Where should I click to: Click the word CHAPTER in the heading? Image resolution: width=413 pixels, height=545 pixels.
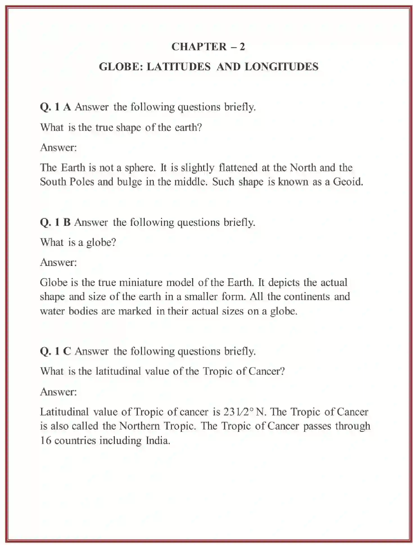199,47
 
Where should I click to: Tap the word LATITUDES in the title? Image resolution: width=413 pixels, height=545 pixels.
179,67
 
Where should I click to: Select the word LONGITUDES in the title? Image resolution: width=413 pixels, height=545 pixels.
281,67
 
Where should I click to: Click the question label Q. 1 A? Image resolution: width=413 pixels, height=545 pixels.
55,107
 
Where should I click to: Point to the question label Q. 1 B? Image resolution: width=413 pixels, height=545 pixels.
55,223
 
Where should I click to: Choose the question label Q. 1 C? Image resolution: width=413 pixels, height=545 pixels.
55,351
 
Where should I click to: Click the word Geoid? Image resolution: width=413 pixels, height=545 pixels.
348,182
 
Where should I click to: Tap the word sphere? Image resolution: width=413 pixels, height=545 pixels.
140,168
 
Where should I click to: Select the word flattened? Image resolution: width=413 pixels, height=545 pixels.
238,168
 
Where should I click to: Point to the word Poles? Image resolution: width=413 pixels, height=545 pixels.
82,182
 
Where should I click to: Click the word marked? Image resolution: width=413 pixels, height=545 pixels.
135,311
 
